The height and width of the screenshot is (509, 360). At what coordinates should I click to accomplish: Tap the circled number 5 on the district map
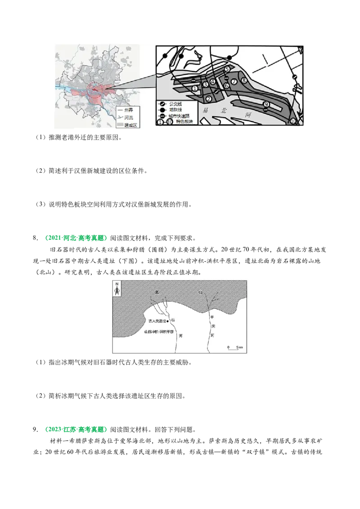point(227,69)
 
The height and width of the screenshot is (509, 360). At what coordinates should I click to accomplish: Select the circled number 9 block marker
point(266,105)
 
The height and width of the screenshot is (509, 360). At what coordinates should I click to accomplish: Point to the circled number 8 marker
point(244,81)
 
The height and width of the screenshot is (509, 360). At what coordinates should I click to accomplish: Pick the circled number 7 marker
point(234,81)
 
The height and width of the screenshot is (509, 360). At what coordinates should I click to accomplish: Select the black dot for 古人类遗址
point(167,321)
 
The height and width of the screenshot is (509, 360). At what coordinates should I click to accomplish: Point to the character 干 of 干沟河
point(211,317)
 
